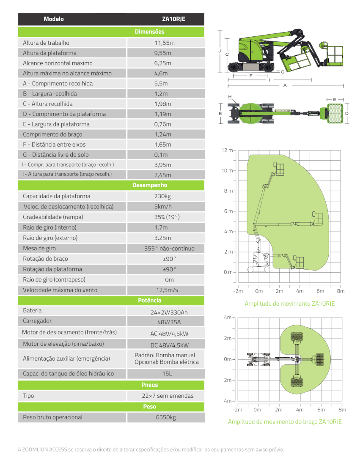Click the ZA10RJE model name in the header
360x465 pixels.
click(x=173, y=19)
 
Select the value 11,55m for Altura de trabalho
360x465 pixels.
click(x=165, y=43)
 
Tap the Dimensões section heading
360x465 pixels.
click(x=149, y=32)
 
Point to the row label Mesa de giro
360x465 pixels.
click(x=39, y=248)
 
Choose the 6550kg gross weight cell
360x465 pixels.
click(x=165, y=417)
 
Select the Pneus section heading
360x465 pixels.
click(x=149, y=385)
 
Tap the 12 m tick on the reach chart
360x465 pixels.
click(x=227, y=150)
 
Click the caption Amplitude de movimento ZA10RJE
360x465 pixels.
click(x=289, y=304)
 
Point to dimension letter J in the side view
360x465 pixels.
click(x=220, y=50)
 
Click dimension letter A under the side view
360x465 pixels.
click(x=285, y=85)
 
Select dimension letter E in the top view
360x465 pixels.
click(x=335, y=99)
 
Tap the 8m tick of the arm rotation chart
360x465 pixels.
click(x=342, y=410)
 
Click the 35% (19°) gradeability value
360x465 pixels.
click(x=165, y=217)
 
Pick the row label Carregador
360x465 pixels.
click(x=38, y=321)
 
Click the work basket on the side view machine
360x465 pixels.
click(x=334, y=54)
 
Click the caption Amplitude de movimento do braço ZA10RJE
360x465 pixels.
click(x=285, y=421)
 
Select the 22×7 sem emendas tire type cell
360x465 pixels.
click(x=168, y=396)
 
